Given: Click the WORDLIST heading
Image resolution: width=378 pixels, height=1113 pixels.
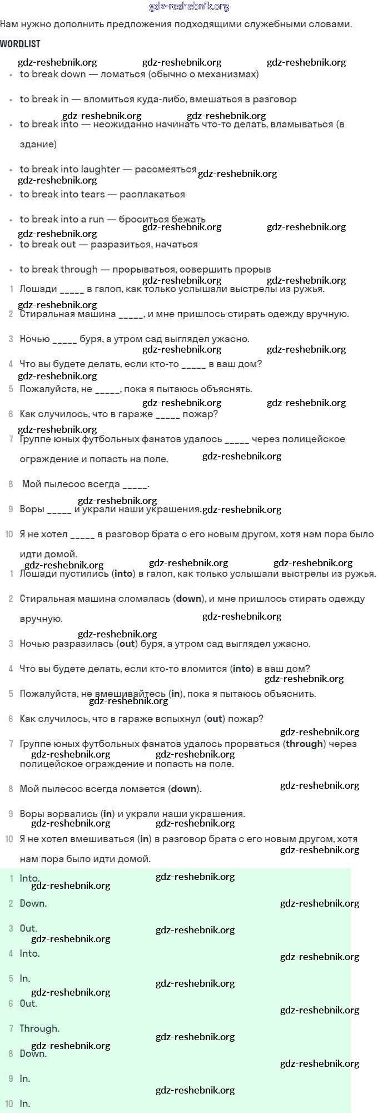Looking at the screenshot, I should coord(20,44).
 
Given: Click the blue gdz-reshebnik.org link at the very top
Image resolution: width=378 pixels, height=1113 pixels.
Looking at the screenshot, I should coord(189,7).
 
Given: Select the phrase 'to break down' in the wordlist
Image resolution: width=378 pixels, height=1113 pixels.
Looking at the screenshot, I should coord(53,74).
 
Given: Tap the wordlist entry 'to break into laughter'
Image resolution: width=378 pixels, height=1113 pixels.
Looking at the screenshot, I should coord(69,169).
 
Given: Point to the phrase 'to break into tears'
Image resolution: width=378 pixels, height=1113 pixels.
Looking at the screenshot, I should coord(62,194).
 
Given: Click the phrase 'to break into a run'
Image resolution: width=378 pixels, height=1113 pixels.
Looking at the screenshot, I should coord(62,219).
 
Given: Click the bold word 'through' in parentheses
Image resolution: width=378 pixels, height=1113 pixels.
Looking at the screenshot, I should coord(304,744).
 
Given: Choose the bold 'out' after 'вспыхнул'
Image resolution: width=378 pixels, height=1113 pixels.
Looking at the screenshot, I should coord(215,719).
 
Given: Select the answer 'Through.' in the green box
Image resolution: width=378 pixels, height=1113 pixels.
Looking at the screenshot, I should coord(39,1028).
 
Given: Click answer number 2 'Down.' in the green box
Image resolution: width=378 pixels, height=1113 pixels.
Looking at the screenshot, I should coord(33,903).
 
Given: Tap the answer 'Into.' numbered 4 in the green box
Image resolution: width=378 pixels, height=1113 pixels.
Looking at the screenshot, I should coord(29,953).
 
